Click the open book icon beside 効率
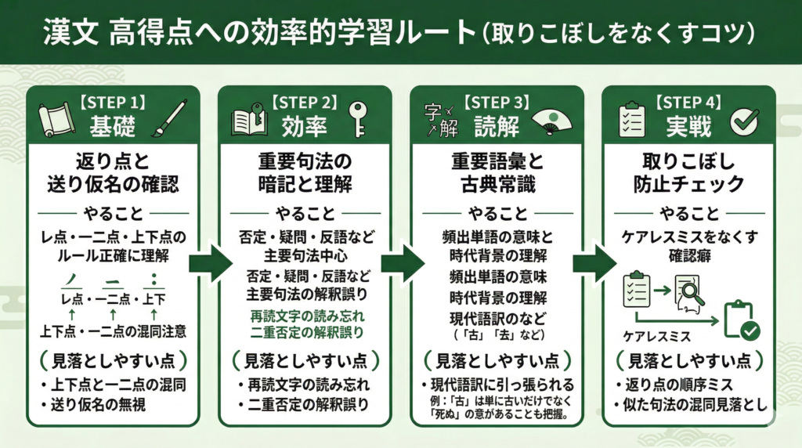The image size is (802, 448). tap(245, 122)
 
